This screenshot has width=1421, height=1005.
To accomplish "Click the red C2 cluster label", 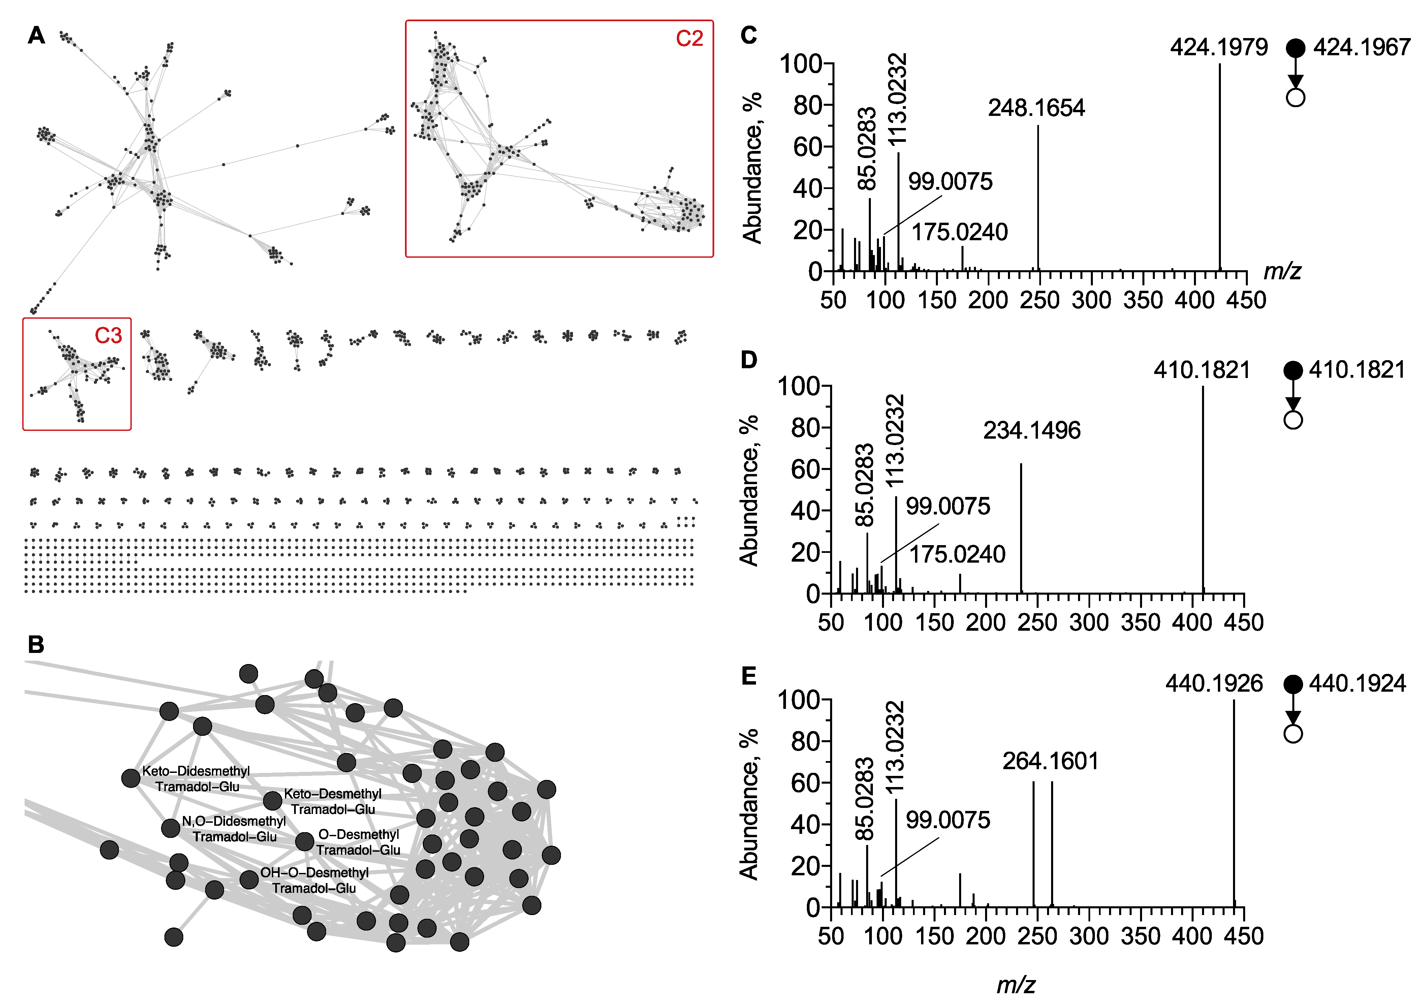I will point(689,39).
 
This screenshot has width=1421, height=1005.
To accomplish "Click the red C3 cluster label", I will point(108,336).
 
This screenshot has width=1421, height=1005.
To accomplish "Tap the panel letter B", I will point(36,645).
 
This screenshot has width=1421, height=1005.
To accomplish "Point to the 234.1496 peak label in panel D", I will point(1032,431).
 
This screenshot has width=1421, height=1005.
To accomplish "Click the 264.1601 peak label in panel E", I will point(1050,761).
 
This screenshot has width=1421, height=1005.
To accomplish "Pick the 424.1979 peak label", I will point(1219,48).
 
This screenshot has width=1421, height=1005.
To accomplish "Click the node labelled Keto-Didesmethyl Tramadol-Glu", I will point(131,778).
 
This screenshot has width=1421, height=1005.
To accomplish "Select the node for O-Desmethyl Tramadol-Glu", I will point(305,842).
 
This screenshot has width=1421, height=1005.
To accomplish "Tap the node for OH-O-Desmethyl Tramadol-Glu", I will point(249,879).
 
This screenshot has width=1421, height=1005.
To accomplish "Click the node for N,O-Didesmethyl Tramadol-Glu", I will point(171,828).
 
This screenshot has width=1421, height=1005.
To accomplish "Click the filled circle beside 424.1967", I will point(1295,48).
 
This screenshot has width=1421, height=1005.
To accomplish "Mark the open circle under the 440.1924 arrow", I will point(1293,734).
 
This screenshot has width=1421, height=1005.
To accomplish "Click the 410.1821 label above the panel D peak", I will point(1202,370).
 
